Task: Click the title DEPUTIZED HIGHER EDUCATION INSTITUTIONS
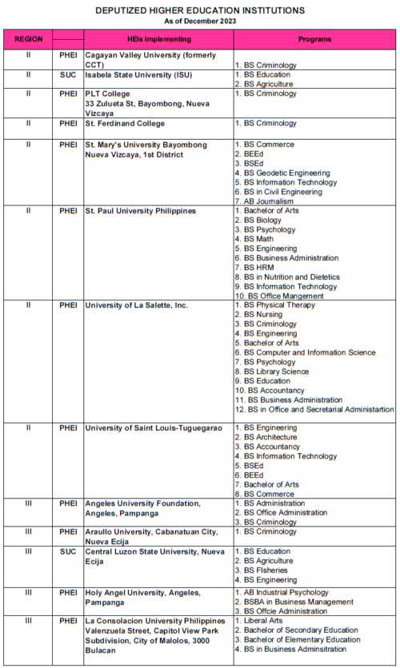(x=200, y=10)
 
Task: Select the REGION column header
(x=28, y=39)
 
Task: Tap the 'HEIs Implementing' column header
(x=158, y=39)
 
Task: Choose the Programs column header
(x=315, y=39)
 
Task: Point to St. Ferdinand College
(x=125, y=123)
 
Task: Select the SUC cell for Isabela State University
(x=68, y=74)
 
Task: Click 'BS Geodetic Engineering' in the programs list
(x=286, y=173)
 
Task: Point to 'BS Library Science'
(x=277, y=372)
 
